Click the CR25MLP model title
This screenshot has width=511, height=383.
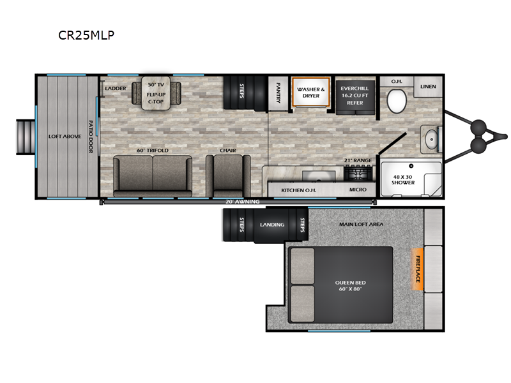pos(86,35)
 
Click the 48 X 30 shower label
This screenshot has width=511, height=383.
pos(403,180)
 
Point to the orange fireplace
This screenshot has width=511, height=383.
pos(418,269)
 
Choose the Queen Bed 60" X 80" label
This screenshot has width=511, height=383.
pos(350,285)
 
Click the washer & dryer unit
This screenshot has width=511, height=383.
pos(311,92)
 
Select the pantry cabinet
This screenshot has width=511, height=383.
pos(278,93)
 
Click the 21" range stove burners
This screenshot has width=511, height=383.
pos(358,172)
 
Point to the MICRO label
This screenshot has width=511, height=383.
pos(358,190)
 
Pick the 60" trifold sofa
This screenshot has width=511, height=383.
pos(153,176)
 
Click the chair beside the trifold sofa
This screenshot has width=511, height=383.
pos(228,176)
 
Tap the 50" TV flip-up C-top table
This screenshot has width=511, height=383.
pos(156,93)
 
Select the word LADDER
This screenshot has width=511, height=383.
pos(116,88)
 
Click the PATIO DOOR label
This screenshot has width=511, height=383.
pos(91,137)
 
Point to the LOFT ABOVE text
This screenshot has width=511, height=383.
pos(65,136)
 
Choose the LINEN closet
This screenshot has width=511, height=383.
pos(428,87)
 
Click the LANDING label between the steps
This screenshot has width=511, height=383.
pos(272,225)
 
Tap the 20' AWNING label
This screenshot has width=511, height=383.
pos(243,202)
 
